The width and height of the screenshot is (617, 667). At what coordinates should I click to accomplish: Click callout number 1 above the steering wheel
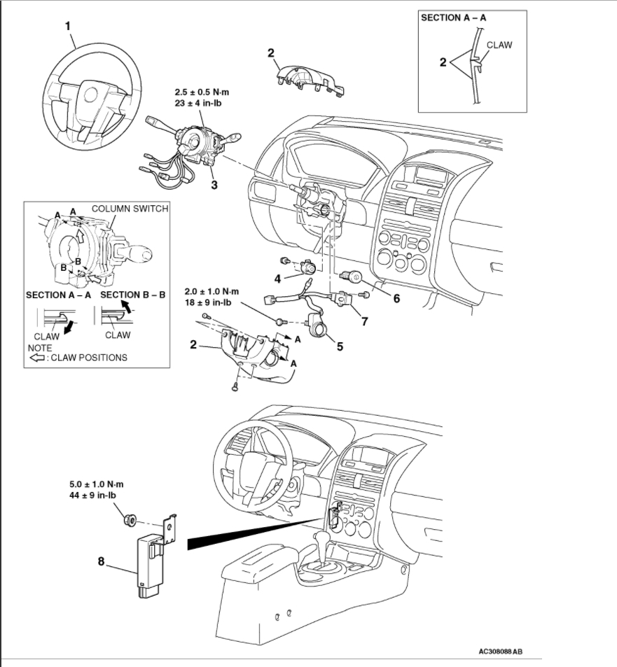(x=68, y=26)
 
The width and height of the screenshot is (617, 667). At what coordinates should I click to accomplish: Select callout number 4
(x=277, y=279)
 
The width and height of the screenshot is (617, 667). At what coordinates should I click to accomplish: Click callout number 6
(x=396, y=297)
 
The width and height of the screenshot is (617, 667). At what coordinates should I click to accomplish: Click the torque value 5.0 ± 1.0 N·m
(x=97, y=484)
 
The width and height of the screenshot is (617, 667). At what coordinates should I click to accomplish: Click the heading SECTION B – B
(x=133, y=295)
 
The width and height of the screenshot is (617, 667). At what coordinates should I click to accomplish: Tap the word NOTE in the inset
(x=40, y=347)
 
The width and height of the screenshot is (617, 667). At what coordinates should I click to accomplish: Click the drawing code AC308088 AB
(x=501, y=651)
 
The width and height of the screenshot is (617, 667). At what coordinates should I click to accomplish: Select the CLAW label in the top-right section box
(x=499, y=45)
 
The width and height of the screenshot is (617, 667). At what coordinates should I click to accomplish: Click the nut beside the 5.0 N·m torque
(x=130, y=520)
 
